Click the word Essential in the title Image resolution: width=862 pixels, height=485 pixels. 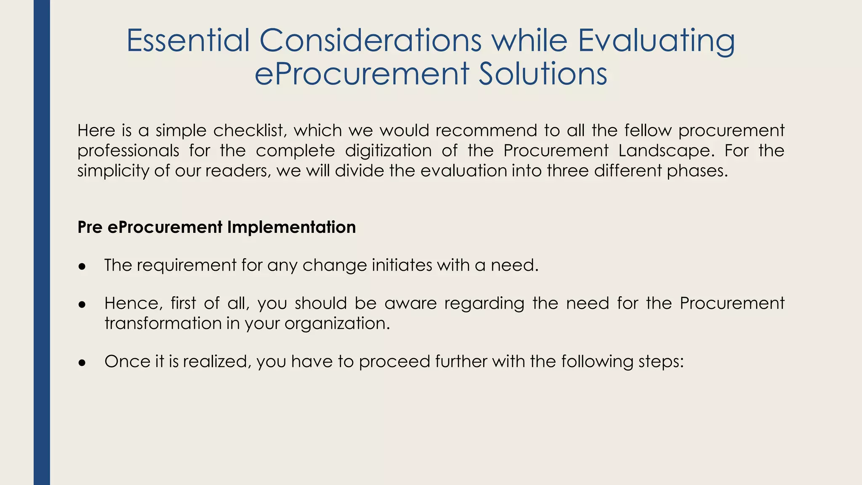(x=188, y=40)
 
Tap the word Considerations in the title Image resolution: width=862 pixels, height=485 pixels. (x=370, y=40)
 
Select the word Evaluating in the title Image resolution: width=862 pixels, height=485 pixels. (x=656, y=41)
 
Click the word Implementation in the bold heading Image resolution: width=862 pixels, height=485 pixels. (x=291, y=227)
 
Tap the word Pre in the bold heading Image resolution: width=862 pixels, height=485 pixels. (x=90, y=227)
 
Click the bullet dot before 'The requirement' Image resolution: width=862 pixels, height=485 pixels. (x=82, y=267)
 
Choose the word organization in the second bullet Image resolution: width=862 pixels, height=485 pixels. (x=337, y=324)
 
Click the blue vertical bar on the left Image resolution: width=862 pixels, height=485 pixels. (x=42, y=242)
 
